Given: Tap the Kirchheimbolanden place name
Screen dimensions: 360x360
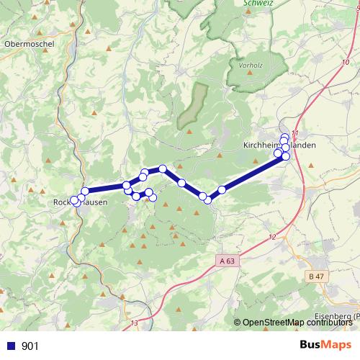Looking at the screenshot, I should click(276, 145).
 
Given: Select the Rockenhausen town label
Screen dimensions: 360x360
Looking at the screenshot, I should click(81, 203).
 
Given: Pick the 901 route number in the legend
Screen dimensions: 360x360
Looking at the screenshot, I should click(30, 346).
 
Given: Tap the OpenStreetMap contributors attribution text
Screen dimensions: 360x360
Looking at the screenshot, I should click(297, 323).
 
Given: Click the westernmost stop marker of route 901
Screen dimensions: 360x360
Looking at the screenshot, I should click(75, 201).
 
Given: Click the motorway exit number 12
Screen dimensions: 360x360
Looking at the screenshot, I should click(271, 237).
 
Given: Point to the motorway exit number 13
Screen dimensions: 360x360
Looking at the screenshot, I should click(135, 323).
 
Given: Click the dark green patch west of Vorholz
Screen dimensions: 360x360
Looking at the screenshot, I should click(192, 106).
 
